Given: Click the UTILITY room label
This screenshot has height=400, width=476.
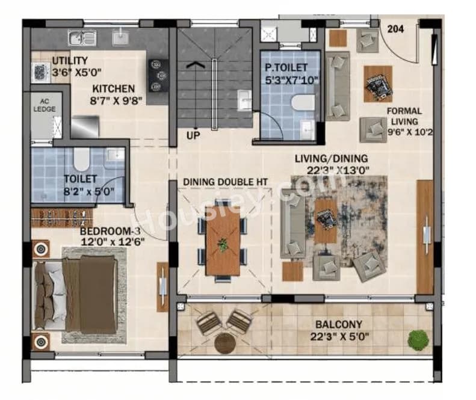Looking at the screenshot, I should [x=70, y=61].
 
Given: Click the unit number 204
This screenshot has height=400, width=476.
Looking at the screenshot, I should [x=395, y=28].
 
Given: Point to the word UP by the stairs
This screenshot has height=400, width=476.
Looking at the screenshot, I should [x=193, y=135].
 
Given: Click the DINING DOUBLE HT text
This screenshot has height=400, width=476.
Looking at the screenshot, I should [x=225, y=182].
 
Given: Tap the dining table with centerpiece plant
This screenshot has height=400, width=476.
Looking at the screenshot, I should [x=223, y=241].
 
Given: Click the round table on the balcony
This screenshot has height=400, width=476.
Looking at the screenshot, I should [x=225, y=343].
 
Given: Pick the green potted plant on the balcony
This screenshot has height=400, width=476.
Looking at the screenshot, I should [x=417, y=339].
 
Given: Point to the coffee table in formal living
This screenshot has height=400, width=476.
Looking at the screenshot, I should [x=377, y=84].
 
